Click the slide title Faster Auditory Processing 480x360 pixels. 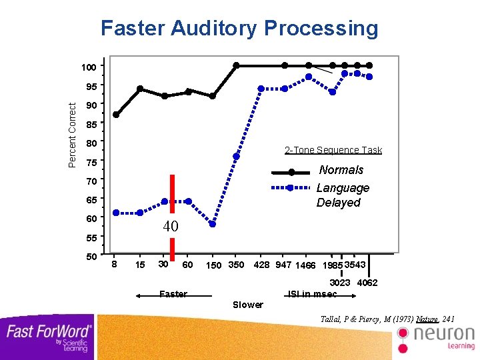pyautogui.click(x=239, y=29)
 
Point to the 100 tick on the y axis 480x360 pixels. pyautogui.click(x=89, y=67)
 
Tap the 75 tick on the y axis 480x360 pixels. pyautogui.click(x=91, y=163)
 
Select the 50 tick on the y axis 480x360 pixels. pyautogui.click(x=91, y=256)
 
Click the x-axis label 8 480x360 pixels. pyautogui.click(x=115, y=265)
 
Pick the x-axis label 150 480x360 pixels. pyautogui.click(x=213, y=266)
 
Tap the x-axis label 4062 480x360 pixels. pyautogui.click(x=367, y=283)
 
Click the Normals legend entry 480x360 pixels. pyautogui.click(x=341, y=170)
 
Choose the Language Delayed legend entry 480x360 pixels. pyautogui.click(x=342, y=195)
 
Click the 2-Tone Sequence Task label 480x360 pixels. pyautogui.click(x=333, y=150)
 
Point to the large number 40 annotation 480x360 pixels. pyautogui.click(x=171, y=227)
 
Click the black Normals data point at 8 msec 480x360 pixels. pyautogui.click(x=116, y=115)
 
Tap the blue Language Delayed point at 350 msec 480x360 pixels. pyautogui.click(x=236, y=157)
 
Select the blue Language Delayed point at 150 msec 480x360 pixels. pyautogui.click(x=213, y=224)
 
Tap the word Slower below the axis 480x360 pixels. pyautogui.click(x=247, y=305)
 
